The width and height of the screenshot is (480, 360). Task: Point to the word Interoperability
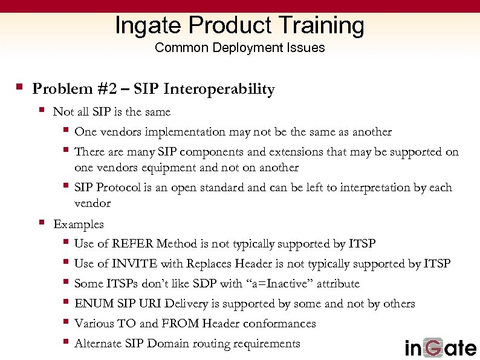[219, 90]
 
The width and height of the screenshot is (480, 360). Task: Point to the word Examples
[79, 224]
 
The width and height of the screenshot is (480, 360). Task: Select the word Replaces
[210, 264]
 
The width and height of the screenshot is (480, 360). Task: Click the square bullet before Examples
[41, 223]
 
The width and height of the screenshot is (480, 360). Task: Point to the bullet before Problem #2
[20, 88]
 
